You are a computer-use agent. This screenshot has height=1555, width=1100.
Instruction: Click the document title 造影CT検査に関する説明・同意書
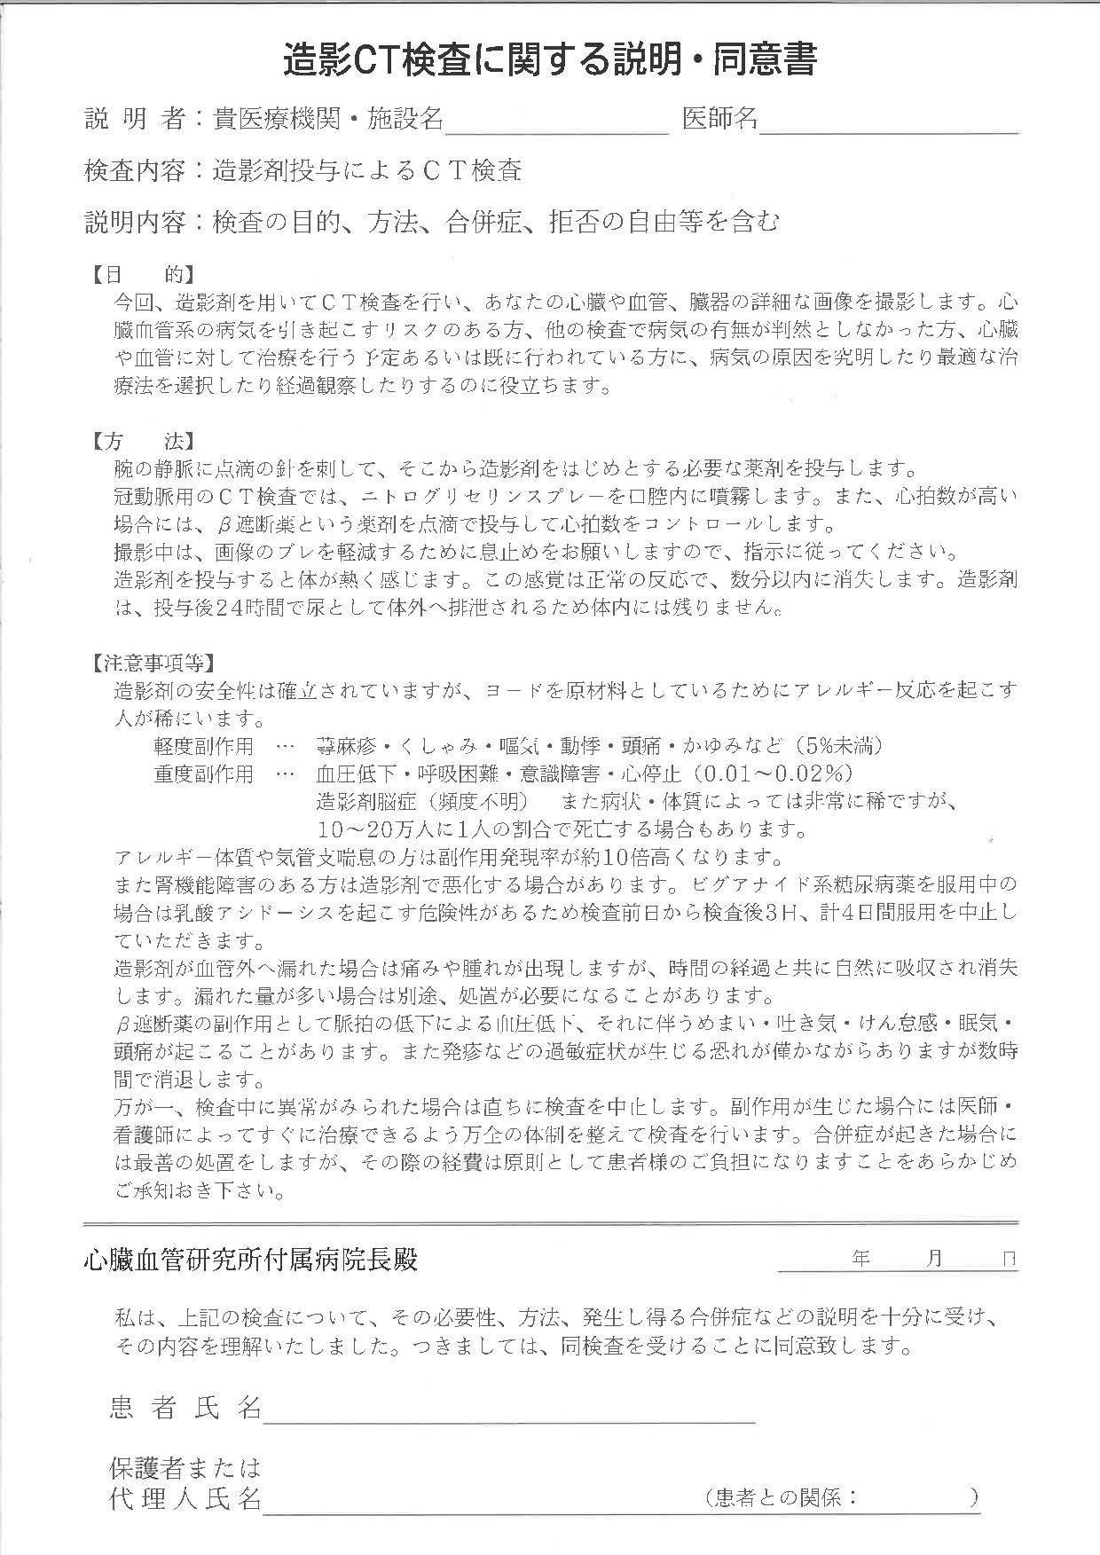click(549, 60)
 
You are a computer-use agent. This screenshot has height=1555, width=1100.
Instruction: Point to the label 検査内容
click(134, 170)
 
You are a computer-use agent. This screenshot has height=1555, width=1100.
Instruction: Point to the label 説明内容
click(134, 221)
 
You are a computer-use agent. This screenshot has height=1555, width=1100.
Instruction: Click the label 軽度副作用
click(203, 746)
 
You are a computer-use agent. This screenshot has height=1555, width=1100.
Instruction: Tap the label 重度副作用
click(203, 774)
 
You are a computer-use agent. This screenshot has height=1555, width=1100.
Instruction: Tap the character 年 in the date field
click(860, 1258)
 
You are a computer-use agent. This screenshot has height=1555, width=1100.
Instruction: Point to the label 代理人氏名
click(185, 1498)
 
